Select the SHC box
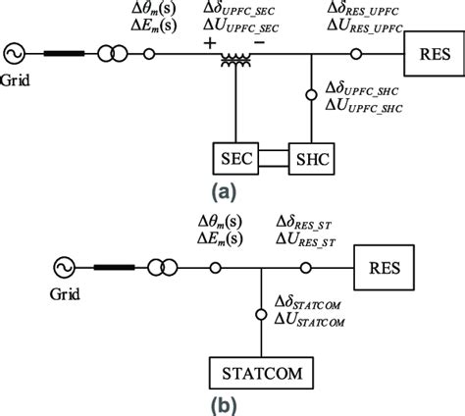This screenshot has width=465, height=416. (313, 157)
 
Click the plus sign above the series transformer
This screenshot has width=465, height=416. (208, 43)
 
